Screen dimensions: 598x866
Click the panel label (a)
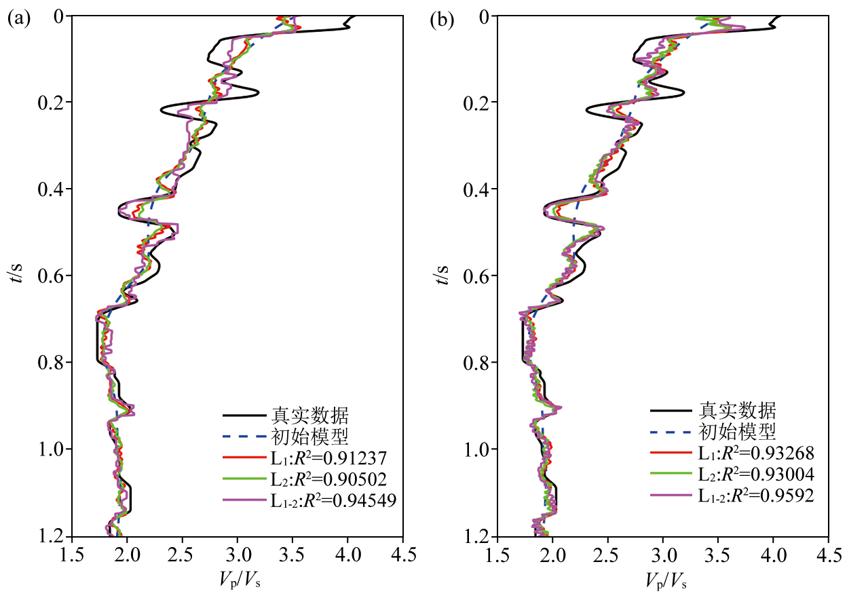tap(18, 19)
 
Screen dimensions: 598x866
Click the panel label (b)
tap(442, 19)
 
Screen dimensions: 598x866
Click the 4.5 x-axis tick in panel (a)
tap(402, 558)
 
